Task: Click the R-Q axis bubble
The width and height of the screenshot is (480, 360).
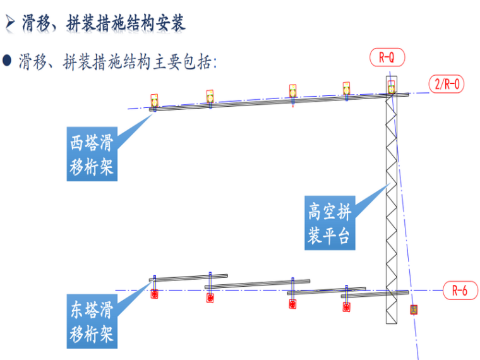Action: (387, 58)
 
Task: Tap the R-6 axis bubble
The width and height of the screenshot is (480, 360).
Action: (459, 291)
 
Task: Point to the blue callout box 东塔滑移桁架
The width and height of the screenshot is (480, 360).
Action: (92, 322)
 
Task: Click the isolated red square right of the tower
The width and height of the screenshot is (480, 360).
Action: (414, 309)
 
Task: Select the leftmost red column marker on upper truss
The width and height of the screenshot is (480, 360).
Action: (154, 101)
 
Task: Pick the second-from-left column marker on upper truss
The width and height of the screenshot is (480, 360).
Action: (210, 97)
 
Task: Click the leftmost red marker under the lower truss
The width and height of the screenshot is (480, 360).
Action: (154, 292)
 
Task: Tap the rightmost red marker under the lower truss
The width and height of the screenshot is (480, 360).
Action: (346, 306)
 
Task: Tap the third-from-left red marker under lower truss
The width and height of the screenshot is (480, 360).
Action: (292, 303)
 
